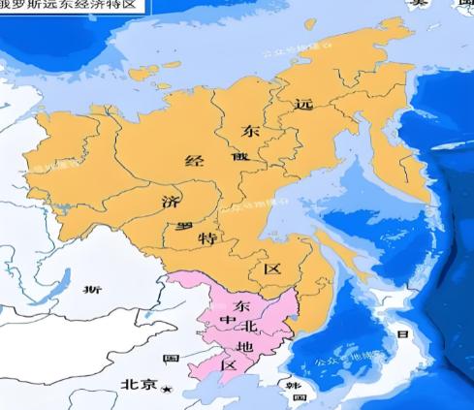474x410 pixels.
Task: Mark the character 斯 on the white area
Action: point(92,289)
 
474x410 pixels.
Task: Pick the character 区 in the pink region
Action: point(229,366)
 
